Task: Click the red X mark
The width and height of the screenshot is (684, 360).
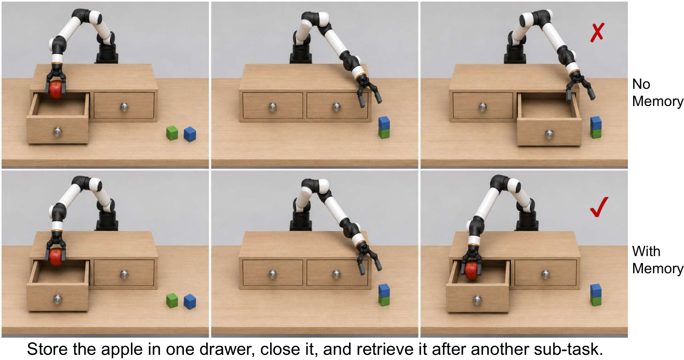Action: [597, 32]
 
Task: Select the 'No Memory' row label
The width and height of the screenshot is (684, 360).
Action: [657, 92]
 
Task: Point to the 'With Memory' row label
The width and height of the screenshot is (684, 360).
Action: [657, 260]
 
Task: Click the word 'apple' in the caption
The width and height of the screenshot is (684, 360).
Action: [122, 349]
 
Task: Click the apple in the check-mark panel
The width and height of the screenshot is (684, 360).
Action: [472, 271]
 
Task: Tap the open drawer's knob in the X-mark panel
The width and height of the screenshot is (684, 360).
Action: [549, 135]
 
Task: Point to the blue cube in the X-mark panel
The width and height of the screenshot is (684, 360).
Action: [596, 123]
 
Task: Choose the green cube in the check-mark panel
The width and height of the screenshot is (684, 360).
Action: [596, 300]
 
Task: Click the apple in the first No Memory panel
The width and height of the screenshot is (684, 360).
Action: [56, 89]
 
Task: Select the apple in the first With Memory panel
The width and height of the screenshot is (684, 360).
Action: [56, 257]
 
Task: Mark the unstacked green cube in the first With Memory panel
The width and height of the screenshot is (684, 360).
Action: [172, 300]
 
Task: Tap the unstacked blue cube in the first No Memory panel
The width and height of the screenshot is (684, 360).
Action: [190, 134]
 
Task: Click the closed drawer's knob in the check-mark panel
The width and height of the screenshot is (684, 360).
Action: [545, 274]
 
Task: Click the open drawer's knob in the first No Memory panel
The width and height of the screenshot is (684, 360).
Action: [58, 132]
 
